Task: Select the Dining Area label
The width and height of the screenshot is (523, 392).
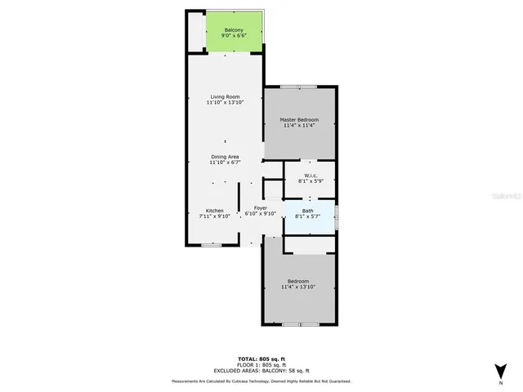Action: pyautogui.click(x=225, y=156)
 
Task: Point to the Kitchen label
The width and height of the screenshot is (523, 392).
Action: pyautogui.click(x=214, y=211)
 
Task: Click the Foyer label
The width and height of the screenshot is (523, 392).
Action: pyautogui.click(x=261, y=208)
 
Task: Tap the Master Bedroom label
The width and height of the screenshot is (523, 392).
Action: pyautogui.click(x=300, y=120)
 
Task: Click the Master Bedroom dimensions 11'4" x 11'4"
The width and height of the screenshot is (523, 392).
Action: pyautogui.click(x=300, y=126)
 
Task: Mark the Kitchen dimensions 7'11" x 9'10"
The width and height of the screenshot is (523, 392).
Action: pyautogui.click(x=215, y=216)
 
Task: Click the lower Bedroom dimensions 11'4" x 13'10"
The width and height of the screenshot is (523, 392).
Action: pyautogui.click(x=297, y=287)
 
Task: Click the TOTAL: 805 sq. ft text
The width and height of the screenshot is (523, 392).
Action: pyautogui.click(x=261, y=359)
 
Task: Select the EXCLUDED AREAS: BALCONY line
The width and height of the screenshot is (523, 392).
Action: pyautogui.click(x=261, y=370)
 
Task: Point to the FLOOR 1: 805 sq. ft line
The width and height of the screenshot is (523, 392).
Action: pyautogui.click(x=261, y=364)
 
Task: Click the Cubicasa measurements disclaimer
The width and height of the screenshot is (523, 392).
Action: pyautogui.click(x=261, y=381)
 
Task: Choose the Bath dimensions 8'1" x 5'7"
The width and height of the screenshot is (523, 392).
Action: pyautogui.click(x=308, y=216)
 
